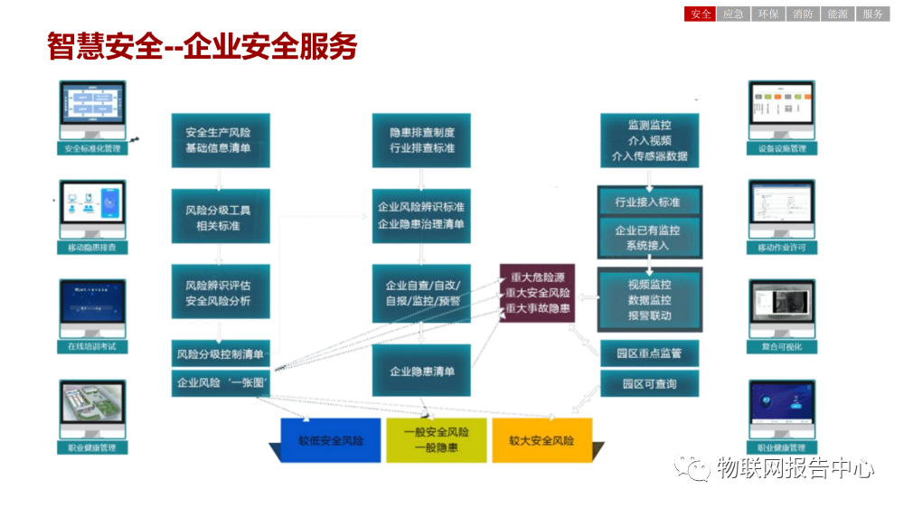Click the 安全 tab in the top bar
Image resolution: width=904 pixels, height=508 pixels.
coord(701,14)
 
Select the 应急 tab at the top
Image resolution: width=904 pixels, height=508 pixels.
coord(734,14)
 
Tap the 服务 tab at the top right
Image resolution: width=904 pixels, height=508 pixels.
coord(872,14)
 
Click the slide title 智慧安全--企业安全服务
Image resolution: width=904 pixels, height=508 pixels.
coord(202,47)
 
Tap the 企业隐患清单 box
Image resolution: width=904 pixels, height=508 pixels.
coord(422,371)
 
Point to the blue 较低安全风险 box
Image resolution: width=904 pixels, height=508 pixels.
coord(331,440)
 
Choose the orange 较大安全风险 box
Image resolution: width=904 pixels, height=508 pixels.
coord(541,440)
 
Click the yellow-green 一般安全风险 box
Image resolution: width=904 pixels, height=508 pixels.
coord(436,440)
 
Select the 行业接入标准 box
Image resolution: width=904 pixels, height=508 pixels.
coord(647,202)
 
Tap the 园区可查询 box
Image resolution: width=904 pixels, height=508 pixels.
coord(649,384)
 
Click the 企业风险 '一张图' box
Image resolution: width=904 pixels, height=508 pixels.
coord(220,383)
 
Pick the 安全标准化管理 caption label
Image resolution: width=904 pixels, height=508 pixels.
coord(93,148)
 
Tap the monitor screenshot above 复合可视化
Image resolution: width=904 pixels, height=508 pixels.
coord(782,308)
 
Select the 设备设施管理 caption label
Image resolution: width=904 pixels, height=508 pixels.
coord(782,148)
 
